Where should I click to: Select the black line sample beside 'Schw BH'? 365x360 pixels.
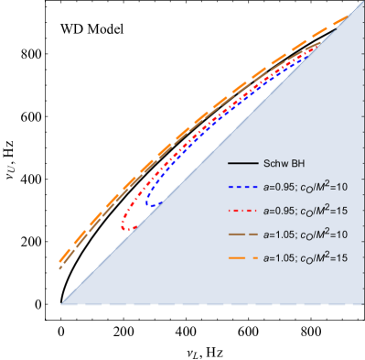coord(241,164)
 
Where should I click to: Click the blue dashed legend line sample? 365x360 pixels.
coord(241,187)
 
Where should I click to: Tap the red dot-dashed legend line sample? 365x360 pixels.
coord(241,211)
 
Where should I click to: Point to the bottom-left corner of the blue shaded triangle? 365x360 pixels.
coord(61,303)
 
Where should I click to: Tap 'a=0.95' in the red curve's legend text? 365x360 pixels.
coord(281,211)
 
